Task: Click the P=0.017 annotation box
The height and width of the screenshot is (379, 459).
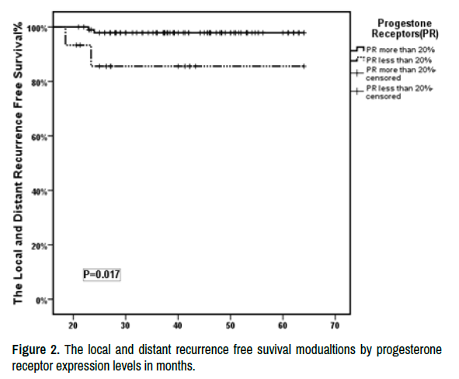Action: tap(102, 274)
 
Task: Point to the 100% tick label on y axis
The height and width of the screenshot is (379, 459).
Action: tap(37, 29)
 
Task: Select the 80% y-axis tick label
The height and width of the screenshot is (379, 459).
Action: tap(40, 83)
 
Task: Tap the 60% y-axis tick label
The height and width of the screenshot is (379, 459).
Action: tap(40, 137)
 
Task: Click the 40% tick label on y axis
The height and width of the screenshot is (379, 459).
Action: tap(40, 192)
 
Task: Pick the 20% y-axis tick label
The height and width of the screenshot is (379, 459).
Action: tap(40, 246)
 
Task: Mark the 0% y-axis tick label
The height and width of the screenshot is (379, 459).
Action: tap(41, 301)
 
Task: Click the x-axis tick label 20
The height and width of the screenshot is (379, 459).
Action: tap(73, 325)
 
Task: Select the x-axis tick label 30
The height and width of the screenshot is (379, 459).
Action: tap(125, 325)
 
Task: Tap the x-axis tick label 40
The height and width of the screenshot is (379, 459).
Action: tap(178, 325)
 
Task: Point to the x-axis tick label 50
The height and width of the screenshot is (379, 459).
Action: tap(230, 325)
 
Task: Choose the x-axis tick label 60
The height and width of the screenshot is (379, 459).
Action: tap(283, 325)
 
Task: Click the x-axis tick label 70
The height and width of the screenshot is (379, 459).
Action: tap(335, 325)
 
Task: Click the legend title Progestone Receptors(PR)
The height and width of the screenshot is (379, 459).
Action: tap(405, 29)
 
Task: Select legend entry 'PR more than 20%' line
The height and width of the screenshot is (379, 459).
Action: tap(393, 50)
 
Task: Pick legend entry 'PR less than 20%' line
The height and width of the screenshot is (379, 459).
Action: tap(391, 60)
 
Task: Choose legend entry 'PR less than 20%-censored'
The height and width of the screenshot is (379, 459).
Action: tap(392, 92)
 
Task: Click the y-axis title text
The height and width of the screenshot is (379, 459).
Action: tap(18, 163)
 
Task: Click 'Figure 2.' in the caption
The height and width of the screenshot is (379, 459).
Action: tap(36, 350)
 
